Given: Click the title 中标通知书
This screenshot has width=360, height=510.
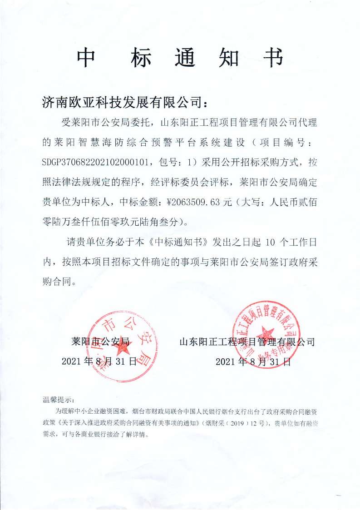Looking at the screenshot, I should (180, 58).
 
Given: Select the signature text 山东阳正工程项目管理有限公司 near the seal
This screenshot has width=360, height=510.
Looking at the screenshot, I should (247, 341).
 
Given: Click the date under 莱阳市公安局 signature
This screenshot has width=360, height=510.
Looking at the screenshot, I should (99, 361).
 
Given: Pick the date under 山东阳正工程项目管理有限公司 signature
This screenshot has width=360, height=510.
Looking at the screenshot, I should (252, 361).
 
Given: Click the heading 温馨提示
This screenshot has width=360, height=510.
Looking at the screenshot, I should (58, 400).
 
